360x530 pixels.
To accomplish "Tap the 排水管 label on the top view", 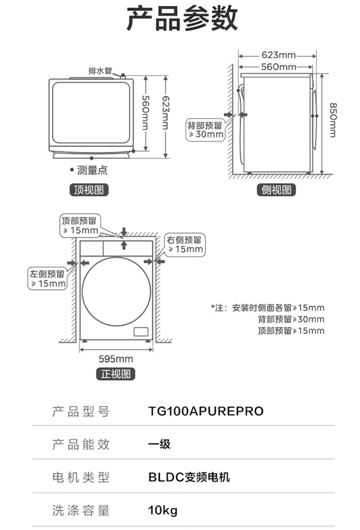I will coord(100,70).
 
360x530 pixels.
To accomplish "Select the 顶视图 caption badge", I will coord(89,190).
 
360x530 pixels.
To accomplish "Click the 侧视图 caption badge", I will coord(276,190).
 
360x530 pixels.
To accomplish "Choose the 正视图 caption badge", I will coord(116,374).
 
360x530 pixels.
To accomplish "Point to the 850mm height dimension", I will coord(333,120).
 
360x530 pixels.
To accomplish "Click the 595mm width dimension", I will coord(116,359).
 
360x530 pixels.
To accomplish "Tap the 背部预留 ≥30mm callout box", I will coord(205,130).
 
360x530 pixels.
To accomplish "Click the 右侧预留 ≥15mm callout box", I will coord(185,244).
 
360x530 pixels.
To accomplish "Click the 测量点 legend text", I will coord(92,170).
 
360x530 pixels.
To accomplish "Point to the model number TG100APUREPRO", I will coord(206,411).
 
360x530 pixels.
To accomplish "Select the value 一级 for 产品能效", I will coord(159,444).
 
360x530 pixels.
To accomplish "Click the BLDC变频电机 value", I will coord(189,477).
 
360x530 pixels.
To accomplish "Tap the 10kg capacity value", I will coord(163,511).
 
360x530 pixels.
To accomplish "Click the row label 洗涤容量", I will coord(81,511).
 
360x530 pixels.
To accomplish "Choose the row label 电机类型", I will coord(81,477).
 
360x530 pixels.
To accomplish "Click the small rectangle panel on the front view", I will coord(141,331).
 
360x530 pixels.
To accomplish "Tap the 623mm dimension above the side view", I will coord(278,55).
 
